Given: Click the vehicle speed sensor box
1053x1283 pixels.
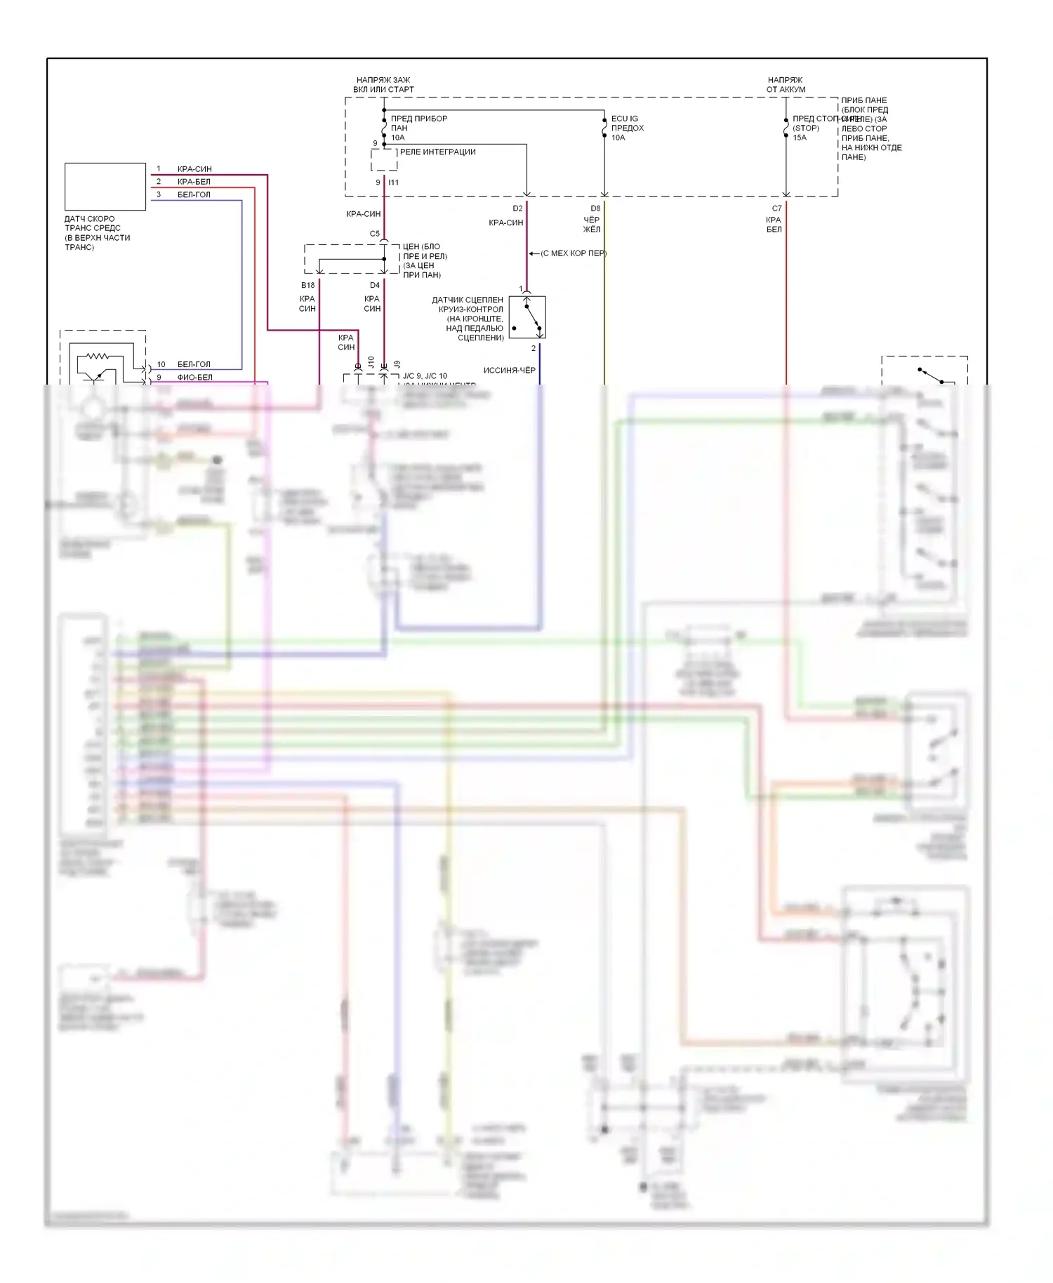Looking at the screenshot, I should click(105, 187).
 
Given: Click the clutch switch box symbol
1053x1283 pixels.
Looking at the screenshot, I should click(526, 317).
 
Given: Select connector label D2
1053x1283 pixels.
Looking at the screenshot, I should click(517, 208).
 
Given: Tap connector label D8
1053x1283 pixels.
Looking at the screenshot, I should click(595, 208).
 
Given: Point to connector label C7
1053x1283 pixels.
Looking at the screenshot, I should click(776, 208).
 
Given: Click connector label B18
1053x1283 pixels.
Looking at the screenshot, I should click(307, 285).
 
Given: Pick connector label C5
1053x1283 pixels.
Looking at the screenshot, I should click(375, 234).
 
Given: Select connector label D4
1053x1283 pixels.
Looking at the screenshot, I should click(375, 285).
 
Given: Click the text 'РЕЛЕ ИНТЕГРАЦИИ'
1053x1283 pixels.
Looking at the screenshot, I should click(437, 152).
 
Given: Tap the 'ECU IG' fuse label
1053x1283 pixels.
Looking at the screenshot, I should click(625, 119).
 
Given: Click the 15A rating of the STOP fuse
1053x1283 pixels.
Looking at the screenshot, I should click(800, 138).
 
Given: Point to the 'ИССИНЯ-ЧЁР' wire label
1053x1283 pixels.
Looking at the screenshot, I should click(509, 370).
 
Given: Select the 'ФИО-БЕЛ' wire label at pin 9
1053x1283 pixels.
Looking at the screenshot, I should click(194, 377).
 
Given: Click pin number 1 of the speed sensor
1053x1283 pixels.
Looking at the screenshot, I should click(159, 168).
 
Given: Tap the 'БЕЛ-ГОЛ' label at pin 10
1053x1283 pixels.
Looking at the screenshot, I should click(194, 364).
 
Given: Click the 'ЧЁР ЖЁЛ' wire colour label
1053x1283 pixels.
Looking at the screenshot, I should click(592, 225).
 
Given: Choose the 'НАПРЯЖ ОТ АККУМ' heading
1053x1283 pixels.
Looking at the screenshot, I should click(786, 85).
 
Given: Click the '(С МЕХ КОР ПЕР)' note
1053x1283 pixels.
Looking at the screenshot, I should click(573, 253).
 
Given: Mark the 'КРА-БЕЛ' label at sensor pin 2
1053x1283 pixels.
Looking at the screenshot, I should click(194, 182).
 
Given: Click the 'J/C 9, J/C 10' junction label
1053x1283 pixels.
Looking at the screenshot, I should click(425, 376).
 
